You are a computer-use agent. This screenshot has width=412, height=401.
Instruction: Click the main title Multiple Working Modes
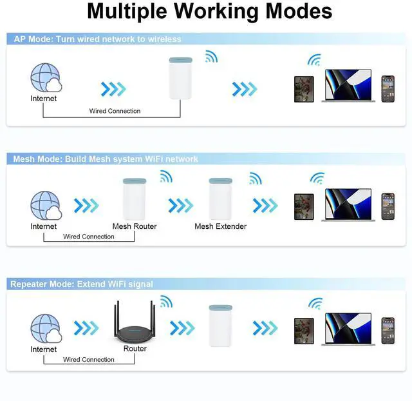(209, 11)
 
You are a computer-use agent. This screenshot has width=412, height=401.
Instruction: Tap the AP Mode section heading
(97, 39)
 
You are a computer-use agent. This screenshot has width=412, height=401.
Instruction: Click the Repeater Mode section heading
(82, 284)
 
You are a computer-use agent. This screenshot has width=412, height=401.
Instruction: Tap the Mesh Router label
(135, 226)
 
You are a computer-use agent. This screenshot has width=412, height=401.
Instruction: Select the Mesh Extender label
(221, 226)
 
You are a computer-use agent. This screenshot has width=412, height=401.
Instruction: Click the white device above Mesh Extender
(220, 199)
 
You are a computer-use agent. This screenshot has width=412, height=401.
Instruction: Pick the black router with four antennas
(134, 325)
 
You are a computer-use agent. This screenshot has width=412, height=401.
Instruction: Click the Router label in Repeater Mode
(135, 349)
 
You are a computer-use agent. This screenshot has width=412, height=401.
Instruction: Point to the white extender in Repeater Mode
(220, 326)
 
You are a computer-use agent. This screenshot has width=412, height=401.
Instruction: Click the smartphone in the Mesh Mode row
(388, 206)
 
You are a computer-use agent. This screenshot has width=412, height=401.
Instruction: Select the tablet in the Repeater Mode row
(304, 330)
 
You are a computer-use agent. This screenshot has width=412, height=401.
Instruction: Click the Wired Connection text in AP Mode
(115, 111)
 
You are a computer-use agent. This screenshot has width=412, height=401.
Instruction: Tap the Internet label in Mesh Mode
(43, 226)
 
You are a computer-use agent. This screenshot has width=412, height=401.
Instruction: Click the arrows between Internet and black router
(86, 328)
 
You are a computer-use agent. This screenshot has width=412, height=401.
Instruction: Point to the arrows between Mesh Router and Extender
(180, 206)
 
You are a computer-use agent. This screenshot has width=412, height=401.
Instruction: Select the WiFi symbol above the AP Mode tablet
(314, 60)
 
